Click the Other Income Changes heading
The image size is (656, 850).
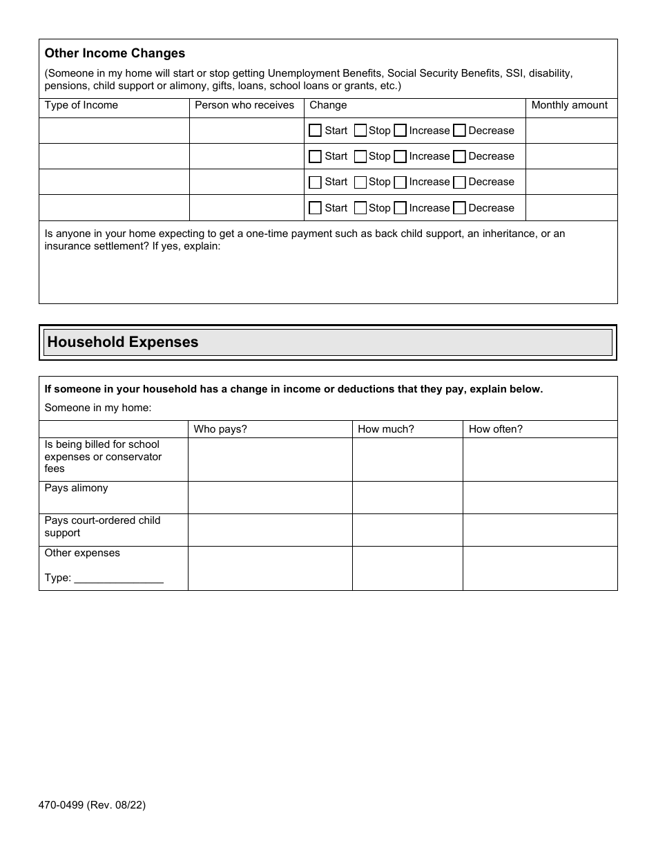[x=115, y=53]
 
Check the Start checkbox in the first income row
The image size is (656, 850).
[x=316, y=131]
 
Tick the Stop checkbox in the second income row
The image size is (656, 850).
[x=360, y=156]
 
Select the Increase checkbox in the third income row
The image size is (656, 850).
[x=401, y=182]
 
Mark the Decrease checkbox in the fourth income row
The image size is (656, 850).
[x=460, y=208]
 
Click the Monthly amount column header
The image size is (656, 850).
[x=569, y=105]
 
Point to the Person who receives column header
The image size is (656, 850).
[x=244, y=105]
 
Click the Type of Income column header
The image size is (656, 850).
[x=81, y=105]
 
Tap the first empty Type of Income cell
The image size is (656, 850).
[x=114, y=131]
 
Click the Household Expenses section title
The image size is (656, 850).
[x=123, y=342]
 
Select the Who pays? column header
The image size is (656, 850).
[x=220, y=429]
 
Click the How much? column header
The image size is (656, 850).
[x=386, y=429]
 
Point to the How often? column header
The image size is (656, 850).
[x=496, y=429]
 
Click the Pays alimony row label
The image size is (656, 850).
[x=77, y=488]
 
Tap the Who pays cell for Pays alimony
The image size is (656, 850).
[x=270, y=498]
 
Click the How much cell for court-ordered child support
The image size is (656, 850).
[x=407, y=530]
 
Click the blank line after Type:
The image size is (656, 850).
[x=119, y=578]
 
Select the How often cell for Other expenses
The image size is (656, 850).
[x=540, y=568]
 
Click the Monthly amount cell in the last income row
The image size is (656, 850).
[x=571, y=208]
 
